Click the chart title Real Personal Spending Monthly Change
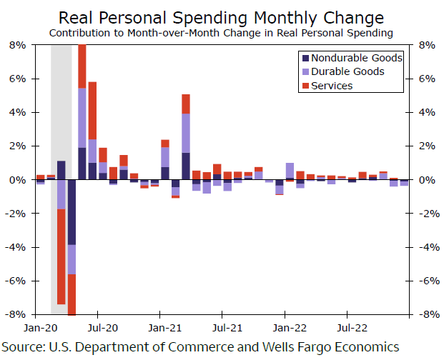222,17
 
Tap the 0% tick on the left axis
19,180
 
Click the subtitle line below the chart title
222,33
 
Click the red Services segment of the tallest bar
82,66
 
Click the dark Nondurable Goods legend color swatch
306,58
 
